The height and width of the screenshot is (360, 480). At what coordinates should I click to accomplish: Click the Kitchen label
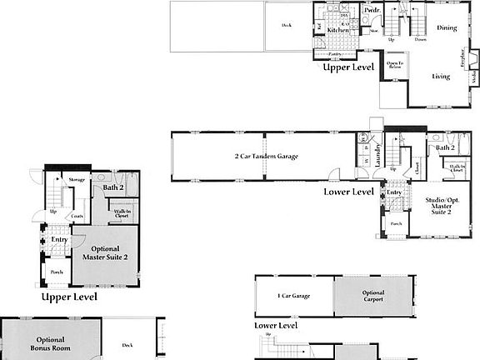coord(337,29)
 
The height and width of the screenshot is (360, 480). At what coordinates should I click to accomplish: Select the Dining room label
coord(447,28)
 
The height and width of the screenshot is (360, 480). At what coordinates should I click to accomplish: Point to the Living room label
coord(440,77)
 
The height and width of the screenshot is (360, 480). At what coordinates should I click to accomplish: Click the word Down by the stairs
coord(421,38)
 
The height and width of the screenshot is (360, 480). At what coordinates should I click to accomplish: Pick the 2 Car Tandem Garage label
coord(266,156)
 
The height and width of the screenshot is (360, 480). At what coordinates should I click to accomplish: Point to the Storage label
coord(77,179)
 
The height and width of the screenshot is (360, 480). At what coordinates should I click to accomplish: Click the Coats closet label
coord(77,217)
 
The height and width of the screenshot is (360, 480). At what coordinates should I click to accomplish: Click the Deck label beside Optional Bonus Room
coord(127,345)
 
